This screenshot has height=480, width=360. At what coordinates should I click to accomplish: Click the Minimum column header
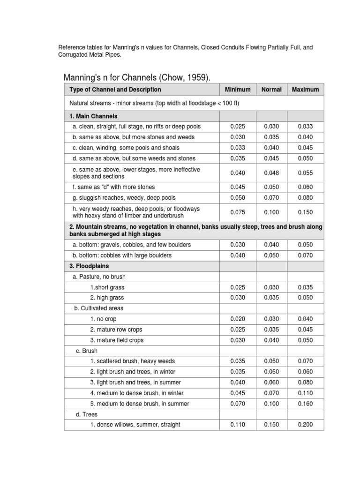point(238,90)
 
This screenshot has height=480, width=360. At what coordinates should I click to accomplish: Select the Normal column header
point(271,90)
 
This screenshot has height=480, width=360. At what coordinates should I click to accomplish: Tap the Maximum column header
point(305,90)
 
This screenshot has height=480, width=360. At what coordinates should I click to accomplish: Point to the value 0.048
point(271,173)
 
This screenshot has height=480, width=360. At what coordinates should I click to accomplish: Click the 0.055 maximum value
point(305,173)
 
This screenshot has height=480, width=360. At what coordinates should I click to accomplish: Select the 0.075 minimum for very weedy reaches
point(238,212)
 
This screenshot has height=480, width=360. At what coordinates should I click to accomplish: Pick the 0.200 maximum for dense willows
point(305,425)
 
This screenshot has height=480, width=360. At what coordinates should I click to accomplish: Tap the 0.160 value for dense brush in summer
point(305,404)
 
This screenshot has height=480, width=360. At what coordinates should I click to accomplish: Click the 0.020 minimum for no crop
point(238,319)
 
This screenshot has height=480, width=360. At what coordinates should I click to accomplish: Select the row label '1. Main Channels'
point(93,116)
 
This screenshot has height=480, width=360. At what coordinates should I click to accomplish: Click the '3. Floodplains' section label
point(89,266)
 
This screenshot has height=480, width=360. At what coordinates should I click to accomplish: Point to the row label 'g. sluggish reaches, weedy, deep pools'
point(124,198)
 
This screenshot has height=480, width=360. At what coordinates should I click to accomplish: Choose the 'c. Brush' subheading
point(87,351)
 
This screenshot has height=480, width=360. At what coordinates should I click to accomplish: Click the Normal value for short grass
point(271,287)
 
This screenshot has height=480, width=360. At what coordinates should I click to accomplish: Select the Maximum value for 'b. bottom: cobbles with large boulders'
point(305,255)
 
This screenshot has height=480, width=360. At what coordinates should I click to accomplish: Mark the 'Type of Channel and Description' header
point(115,90)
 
